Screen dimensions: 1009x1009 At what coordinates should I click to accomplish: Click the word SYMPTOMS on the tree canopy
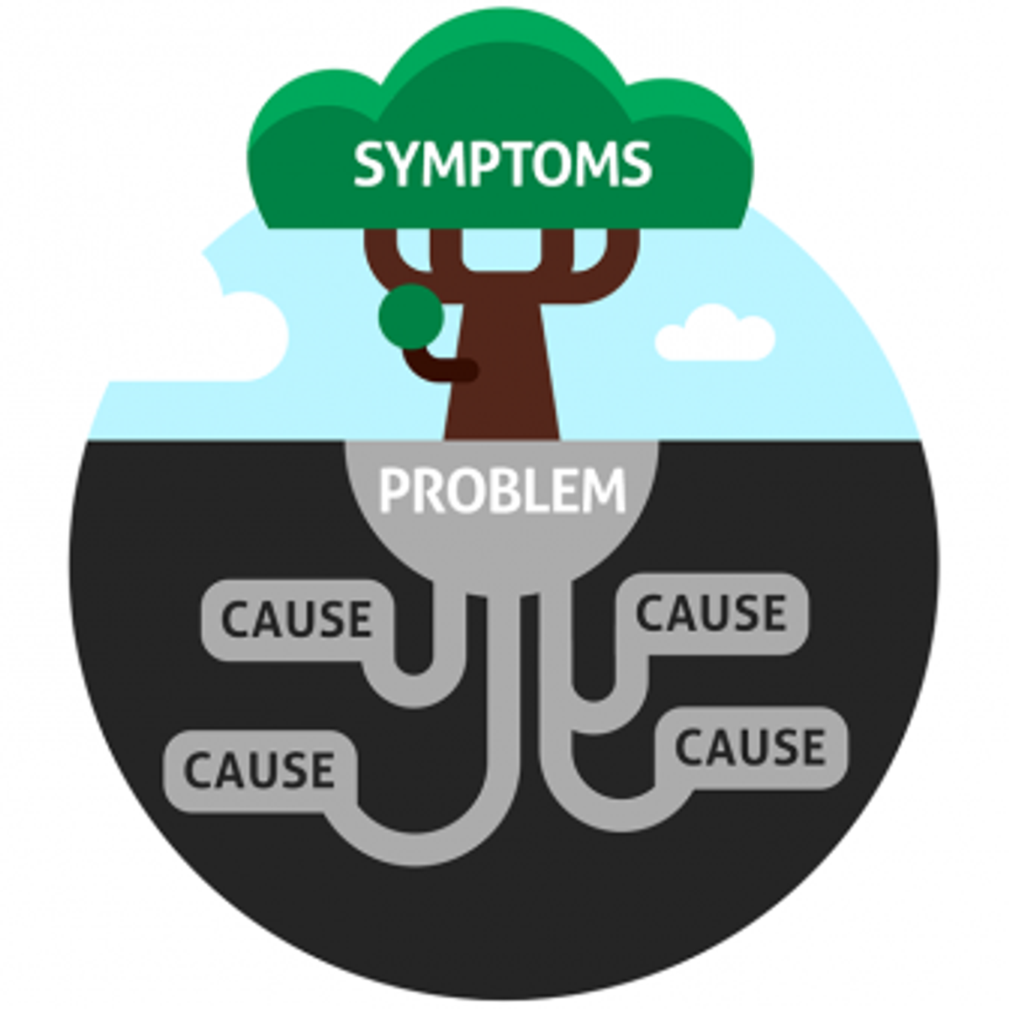pyautogui.click(x=503, y=164)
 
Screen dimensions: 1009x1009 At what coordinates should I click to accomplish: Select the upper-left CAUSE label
pyautogui.click(x=296, y=620)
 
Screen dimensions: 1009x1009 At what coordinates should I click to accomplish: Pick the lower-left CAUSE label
pyautogui.click(x=259, y=769)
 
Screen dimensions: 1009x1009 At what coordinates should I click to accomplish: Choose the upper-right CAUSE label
pyautogui.click(x=711, y=613)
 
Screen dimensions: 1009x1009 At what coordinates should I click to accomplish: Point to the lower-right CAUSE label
pyautogui.click(x=750, y=748)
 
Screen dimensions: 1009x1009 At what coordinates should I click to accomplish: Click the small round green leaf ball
pyautogui.click(x=411, y=316)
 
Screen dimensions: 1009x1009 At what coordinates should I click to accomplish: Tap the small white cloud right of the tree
pyautogui.click(x=715, y=335)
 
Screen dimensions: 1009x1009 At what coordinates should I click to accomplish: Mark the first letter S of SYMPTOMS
pyautogui.click(x=369, y=164)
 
